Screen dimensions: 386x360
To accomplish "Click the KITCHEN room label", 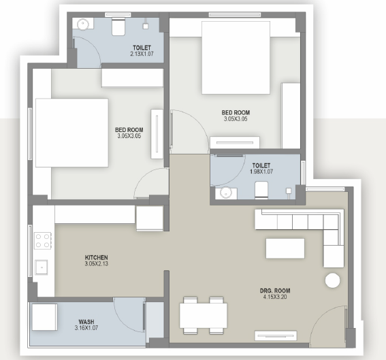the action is [96, 257].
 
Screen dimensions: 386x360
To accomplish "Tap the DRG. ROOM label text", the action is [275, 291].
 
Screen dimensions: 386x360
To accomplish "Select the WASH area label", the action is [86, 322].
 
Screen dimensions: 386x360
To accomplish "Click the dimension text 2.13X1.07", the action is [142, 53].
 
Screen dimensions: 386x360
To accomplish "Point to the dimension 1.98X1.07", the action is [261, 171].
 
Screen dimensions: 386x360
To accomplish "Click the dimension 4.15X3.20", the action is [275, 297].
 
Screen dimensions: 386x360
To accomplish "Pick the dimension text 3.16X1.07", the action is [86, 328].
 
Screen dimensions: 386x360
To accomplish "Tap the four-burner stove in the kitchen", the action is [43, 241].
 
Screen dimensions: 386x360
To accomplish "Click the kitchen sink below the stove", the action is [42, 267].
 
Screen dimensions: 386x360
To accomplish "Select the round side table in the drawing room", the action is [333, 280].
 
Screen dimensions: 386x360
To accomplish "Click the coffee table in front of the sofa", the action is [285, 248].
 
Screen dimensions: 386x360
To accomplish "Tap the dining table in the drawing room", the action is [204, 316].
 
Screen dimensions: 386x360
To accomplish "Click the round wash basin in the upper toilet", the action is [83, 24].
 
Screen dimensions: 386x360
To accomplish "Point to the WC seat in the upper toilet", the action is [118, 27].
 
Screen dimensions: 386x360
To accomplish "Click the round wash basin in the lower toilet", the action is [225, 193].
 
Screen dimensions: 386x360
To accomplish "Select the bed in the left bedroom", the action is [72, 133].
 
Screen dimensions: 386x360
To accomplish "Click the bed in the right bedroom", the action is [236, 58].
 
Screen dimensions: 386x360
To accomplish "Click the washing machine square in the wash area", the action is [44, 317].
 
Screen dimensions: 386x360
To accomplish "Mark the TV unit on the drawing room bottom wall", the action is [276, 336].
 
